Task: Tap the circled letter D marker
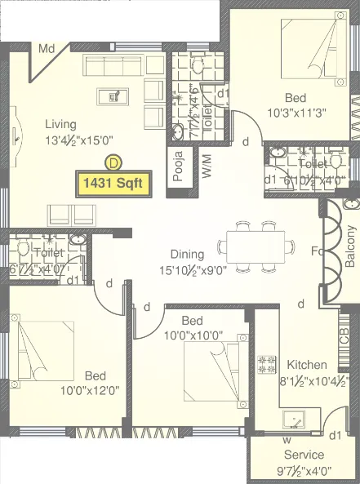pyautogui.click(x=113, y=162)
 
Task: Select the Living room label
pyautogui.click(x=60, y=124)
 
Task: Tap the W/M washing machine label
pyautogui.click(x=207, y=168)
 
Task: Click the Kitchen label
pyautogui.click(x=306, y=365)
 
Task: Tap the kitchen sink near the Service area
pyautogui.click(x=291, y=420)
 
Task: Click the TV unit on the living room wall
pyautogui.click(x=16, y=135)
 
